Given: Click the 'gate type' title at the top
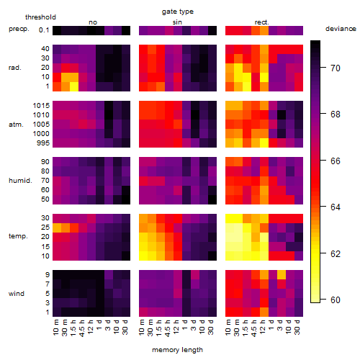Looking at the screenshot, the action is click(178, 12).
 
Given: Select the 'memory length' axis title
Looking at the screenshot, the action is click(177, 350).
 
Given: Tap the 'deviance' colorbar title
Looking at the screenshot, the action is click(341, 29).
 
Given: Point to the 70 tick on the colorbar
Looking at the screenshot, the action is click(323, 68).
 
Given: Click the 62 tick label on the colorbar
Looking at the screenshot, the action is click(336, 253).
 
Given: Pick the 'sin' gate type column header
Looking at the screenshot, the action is click(177, 22).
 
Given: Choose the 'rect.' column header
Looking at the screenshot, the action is click(261, 22).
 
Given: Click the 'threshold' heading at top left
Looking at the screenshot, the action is click(40, 17).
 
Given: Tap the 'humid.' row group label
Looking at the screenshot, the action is click(20, 181).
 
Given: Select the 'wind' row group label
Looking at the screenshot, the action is click(17, 294).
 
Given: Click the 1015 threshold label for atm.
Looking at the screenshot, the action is click(41, 106).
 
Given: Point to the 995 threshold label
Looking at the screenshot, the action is click(43, 143).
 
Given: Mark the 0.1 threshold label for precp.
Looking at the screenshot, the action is click(44, 30).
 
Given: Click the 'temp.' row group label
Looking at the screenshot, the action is click(18, 236).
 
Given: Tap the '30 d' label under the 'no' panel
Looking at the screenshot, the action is click(125, 327).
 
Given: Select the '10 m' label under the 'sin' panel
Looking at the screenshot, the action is click(143, 328).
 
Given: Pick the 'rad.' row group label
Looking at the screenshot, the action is click(15, 68).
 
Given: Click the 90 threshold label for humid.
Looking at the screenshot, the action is click(45, 162).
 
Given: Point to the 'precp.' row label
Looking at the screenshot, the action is click(19, 29).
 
